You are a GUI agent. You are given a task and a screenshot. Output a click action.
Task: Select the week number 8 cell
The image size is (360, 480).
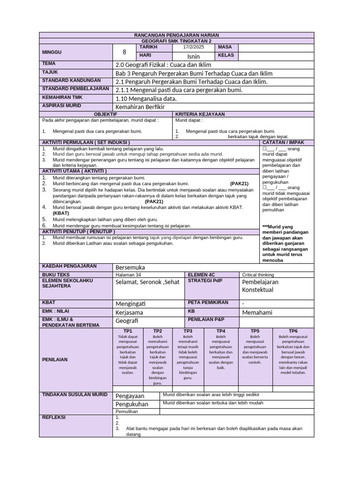tap(124, 52)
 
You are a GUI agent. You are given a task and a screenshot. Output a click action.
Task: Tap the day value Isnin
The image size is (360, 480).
tap(193, 56)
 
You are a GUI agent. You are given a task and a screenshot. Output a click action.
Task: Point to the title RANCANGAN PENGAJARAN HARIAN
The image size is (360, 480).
tap(176, 35)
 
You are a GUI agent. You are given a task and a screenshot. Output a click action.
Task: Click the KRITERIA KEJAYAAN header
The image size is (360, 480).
tap(200, 114)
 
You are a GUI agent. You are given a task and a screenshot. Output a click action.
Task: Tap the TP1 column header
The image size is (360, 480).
tap(127, 331)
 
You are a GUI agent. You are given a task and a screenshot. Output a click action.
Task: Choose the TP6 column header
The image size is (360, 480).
tap(293, 331)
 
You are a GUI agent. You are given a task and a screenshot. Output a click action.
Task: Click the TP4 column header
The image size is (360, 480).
tap(221, 331)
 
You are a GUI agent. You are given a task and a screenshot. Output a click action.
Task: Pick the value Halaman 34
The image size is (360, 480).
tap(128, 275)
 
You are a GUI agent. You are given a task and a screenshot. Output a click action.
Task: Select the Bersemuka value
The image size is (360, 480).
tap(130, 267)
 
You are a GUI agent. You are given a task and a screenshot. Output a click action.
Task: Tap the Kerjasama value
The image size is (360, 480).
tap(129, 313)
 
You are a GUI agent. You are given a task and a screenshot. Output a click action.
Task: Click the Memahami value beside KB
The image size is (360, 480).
tap(257, 313)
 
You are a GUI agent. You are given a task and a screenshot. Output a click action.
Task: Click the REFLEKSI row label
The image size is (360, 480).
tap(54, 417)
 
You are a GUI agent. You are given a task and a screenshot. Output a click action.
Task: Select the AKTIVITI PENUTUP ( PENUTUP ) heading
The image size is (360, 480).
tap(78, 232)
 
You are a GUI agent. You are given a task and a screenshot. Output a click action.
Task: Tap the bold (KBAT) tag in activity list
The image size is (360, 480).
tap(61, 213)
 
